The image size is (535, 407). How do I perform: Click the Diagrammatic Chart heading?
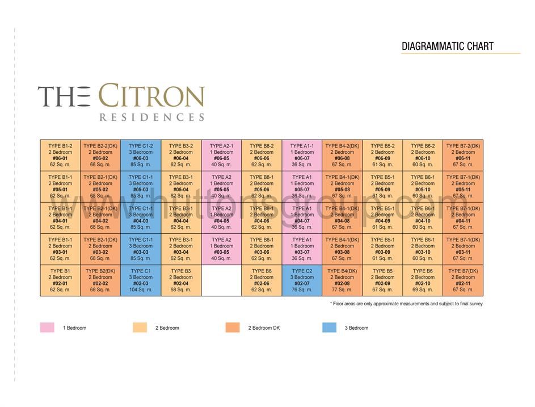tap(448, 47)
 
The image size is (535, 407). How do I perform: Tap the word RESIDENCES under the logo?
tap(151, 118)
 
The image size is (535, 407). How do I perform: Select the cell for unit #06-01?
tap(60, 155)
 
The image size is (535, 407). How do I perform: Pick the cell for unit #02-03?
tap(141, 280)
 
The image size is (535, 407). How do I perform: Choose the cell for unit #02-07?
tap(302, 280)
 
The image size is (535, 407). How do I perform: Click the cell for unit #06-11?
tap(463, 155)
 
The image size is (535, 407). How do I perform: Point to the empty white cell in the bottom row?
tap(221, 280)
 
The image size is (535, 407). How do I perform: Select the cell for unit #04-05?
tap(221, 218)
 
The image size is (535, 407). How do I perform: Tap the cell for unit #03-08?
tap(342, 249)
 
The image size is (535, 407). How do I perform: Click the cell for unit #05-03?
tap(141, 186)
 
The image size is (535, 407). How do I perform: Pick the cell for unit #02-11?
tap(463, 280)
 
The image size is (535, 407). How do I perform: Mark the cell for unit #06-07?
tap(302, 155)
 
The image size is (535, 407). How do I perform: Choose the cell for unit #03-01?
tap(60, 249)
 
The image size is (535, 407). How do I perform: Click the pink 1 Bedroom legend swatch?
tap(47, 328)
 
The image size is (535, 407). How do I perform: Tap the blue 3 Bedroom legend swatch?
tap(329, 328)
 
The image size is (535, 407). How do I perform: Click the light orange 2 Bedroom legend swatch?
tap(140, 328)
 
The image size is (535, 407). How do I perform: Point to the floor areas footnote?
tap(406, 304)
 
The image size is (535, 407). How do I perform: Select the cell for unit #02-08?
tap(342, 280)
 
